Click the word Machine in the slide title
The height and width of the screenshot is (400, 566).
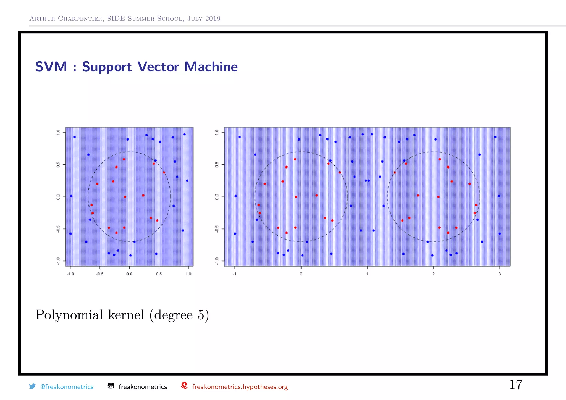click(211, 67)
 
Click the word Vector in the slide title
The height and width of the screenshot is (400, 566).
click(158, 67)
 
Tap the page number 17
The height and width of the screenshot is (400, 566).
click(515, 385)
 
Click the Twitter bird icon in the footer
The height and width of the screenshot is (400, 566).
click(32, 386)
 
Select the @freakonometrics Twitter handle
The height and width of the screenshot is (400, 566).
click(67, 387)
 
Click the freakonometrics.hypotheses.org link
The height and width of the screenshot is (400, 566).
click(240, 387)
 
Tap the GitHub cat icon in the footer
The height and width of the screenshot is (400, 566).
click(111, 386)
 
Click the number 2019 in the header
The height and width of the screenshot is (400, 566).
click(213, 19)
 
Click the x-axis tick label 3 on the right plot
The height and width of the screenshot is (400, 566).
click(500, 274)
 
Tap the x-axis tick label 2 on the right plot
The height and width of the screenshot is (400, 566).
click(433, 274)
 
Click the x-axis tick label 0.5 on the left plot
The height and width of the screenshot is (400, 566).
click(159, 274)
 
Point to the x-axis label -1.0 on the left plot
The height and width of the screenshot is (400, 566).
click(70, 274)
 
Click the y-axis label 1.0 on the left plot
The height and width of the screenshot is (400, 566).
click(58, 132)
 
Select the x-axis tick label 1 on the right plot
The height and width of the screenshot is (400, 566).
click(367, 274)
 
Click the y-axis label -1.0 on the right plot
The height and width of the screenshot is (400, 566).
click(217, 261)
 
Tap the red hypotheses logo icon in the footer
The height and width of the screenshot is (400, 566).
click(184, 386)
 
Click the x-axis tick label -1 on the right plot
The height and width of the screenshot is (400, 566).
click(235, 274)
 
